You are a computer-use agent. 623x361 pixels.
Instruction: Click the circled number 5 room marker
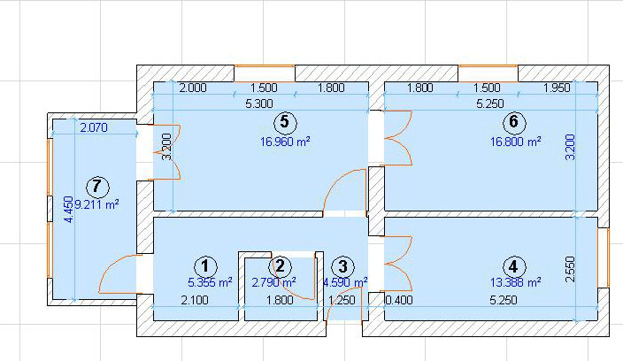tap(285, 122)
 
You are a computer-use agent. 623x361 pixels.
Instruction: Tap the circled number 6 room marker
tap(514, 122)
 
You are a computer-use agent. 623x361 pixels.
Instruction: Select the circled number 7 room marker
tap(97, 187)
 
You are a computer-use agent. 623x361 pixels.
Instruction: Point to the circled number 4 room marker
tap(514, 267)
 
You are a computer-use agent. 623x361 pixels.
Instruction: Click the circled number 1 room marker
tap(205, 267)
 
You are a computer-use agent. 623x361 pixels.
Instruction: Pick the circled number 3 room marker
tap(342, 267)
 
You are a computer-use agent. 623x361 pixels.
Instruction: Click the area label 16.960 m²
tap(285, 142)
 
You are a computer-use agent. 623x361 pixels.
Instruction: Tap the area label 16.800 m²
tap(515, 142)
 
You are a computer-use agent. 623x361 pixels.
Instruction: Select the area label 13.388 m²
tap(515, 282)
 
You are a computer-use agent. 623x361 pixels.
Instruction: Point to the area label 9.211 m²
tap(97, 205)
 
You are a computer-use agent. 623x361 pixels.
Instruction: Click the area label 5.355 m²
tap(210, 282)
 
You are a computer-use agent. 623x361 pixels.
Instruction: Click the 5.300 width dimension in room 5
tap(259, 104)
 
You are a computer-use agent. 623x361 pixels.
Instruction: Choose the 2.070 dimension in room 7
tap(94, 127)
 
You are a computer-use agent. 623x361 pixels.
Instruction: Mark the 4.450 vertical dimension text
tap(69, 210)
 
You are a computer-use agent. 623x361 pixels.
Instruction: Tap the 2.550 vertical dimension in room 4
tap(570, 269)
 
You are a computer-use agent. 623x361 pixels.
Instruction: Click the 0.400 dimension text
tap(399, 300)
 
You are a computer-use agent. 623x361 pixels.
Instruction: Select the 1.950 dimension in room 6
tap(557, 88)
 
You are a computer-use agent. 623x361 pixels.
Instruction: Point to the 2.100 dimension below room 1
tap(195, 300)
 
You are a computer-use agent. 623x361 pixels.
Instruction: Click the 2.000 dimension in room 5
tap(193, 88)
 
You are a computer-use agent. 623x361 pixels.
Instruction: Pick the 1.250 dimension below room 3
tap(342, 300)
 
